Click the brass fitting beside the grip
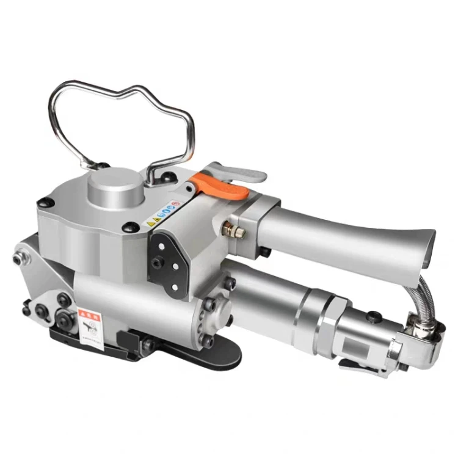(x=234, y=231)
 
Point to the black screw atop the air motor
(x=370, y=316)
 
